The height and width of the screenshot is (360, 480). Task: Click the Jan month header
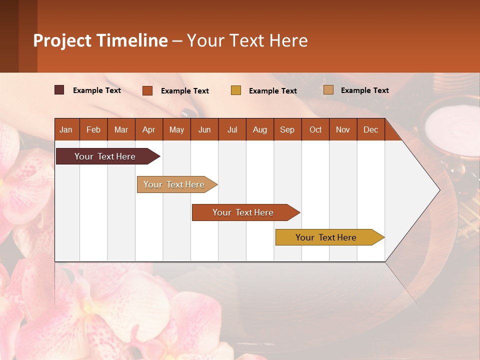[66, 129]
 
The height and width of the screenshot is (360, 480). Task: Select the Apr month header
[148, 129]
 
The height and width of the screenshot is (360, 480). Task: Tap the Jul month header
[232, 129]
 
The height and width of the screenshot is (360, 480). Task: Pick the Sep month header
[287, 129]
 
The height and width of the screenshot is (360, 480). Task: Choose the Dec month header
[370, 129]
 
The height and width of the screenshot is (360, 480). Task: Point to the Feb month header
[93, 129]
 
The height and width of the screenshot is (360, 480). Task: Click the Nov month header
[342, 129]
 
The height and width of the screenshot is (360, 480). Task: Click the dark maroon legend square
[59, 90]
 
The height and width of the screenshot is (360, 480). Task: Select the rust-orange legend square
[147, 90]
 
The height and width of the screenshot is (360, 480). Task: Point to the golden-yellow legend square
[236, 90]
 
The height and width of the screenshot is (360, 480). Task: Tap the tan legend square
[328, 90]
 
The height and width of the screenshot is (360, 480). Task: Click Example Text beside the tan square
[364, 90]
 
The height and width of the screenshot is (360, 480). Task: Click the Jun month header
[204, 129]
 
